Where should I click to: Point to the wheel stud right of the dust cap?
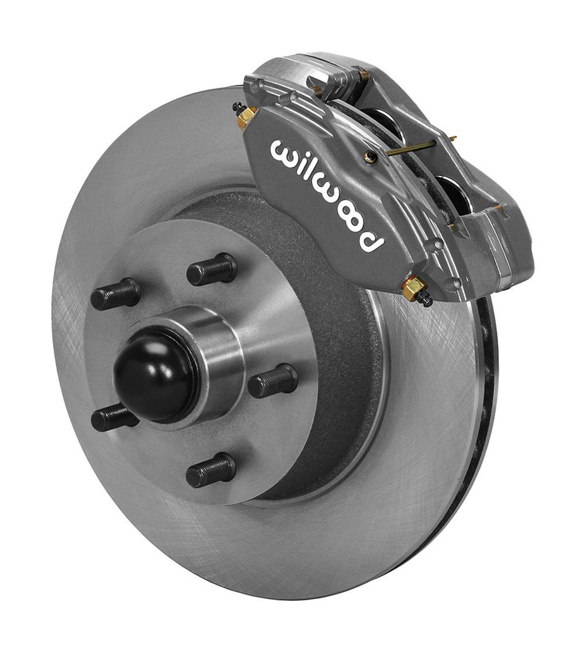pyautogui.click(x=272, y=381)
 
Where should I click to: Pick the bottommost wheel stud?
pyautogui.click(x=211, y=470)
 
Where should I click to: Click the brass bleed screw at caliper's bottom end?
pyautogui.click(x=415, y=290)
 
